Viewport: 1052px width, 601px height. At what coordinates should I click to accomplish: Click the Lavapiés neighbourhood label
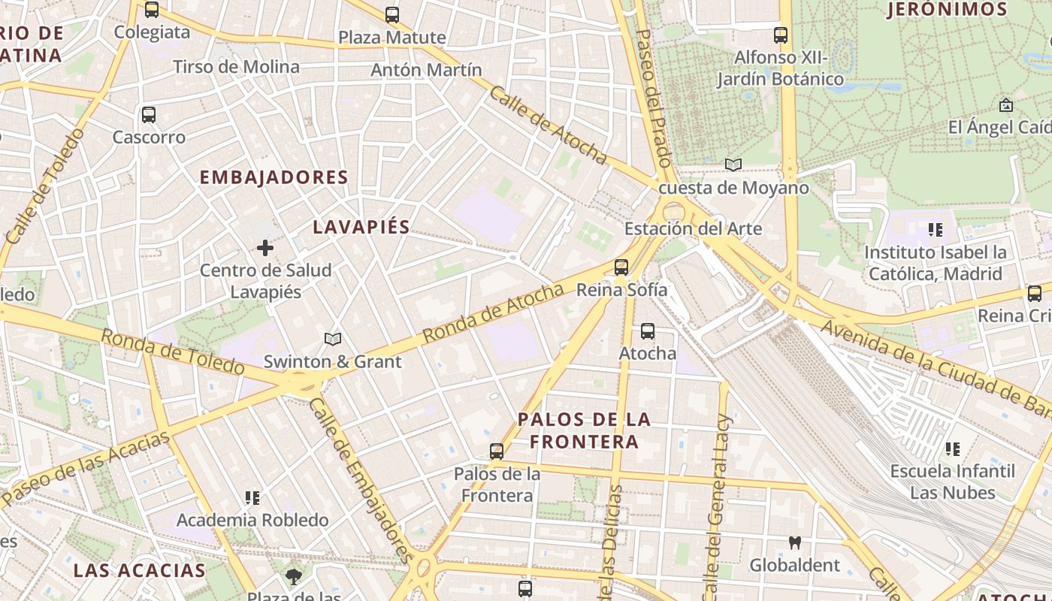click(x=361, y=227)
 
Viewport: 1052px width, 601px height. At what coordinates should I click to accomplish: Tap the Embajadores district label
click(x=274, y=177)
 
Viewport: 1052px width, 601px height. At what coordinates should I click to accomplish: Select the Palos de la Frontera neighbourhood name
click(x=584, y=430)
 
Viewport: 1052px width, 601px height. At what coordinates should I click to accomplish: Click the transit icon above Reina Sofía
click(x=621, y=267)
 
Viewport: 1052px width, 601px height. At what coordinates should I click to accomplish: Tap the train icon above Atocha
click(x=647, y=331)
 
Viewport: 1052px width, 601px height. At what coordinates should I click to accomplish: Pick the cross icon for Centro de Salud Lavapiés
click(x=265, y=247)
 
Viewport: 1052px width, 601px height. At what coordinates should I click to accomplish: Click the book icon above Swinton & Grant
click(x=333, y=340)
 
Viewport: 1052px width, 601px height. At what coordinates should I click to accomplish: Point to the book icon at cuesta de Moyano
click(x=733, y=165)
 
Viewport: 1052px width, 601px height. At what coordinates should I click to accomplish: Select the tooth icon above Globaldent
click(x=794, y=542)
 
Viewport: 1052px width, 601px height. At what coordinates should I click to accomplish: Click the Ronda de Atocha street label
click(x=493, y=313)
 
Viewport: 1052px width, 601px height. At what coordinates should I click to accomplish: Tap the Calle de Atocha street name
click(x=548, y=125)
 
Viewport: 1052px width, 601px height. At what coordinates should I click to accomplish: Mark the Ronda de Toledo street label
click(x=172, y=352)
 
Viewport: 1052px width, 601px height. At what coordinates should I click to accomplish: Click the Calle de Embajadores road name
click(x=360, y=479)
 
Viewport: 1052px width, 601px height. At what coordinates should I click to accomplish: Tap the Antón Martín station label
click(x=426, y=70)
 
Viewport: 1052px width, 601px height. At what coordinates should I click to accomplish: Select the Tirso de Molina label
click(x=236, y=67)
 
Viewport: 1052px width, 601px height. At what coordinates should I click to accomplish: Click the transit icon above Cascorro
click(x=149, y=115)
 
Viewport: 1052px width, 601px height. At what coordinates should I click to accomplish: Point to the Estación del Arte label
click(x=693, y=228)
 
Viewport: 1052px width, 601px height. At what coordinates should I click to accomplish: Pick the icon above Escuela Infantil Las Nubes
click(x=953, y=449)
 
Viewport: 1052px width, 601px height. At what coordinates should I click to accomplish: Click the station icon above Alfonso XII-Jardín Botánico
click(x=781, y=35)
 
